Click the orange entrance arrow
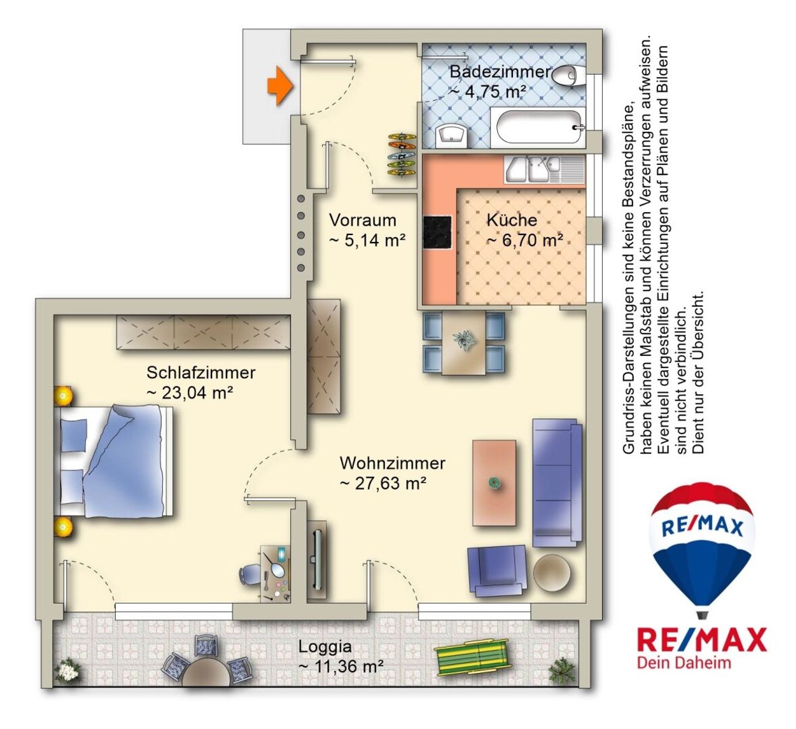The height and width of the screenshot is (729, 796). tap(280, 86)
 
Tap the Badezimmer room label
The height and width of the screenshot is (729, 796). tap(501, 72)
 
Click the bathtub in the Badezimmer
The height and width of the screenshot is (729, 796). tap(538, 127)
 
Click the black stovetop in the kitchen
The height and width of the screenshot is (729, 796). tap(437, 232)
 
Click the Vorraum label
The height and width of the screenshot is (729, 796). tap(363, 220)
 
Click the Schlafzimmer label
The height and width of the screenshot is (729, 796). tap(201, 373)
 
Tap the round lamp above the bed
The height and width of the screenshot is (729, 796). tap(63, 396)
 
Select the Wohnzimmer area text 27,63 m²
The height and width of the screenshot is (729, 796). tap(382, 484)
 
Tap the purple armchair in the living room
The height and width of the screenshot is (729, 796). tap(497, 571)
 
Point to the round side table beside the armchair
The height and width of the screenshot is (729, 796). tap(552, 572)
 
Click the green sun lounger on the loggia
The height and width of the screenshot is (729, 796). tap(472, 657)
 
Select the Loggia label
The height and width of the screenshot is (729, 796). tap(325, 646)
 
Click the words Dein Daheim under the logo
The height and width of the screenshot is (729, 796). tap(683, 662)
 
